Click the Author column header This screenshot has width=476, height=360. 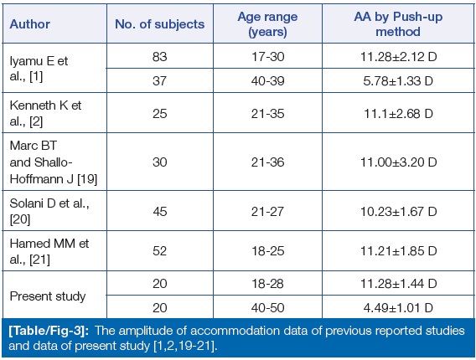click(x=30, y=24)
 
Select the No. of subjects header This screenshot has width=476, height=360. click(x=160, y=24)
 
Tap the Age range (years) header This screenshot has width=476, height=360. click(x=267, y=24)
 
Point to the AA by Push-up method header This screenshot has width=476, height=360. click(x=398, y=24)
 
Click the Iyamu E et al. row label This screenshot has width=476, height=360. click(x=39, y=69)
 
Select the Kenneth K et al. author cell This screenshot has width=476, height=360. click(x=45, y=113)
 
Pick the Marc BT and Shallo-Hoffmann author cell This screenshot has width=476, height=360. click(x=54, y=162)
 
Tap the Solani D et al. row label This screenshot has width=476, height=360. click(x=49, y=211)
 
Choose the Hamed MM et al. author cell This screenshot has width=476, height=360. click(x=49, y=251)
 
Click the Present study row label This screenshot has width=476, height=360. click(x=48, y=296)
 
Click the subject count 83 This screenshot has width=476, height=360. click(x=160, y=57)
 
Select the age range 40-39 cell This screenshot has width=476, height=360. click(x=268, y=81)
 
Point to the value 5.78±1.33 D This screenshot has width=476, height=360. click(x=398, y=81)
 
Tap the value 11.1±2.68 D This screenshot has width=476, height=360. click(x=398, y=114)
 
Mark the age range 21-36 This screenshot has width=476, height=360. click(x=268, y=162)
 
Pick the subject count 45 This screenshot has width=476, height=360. click(x=160, y=211)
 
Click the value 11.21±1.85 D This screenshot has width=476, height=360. click(x=398, y=251)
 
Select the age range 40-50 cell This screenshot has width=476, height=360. click(x=268, y=308)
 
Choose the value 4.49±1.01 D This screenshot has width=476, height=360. click(x=398, y=308)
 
